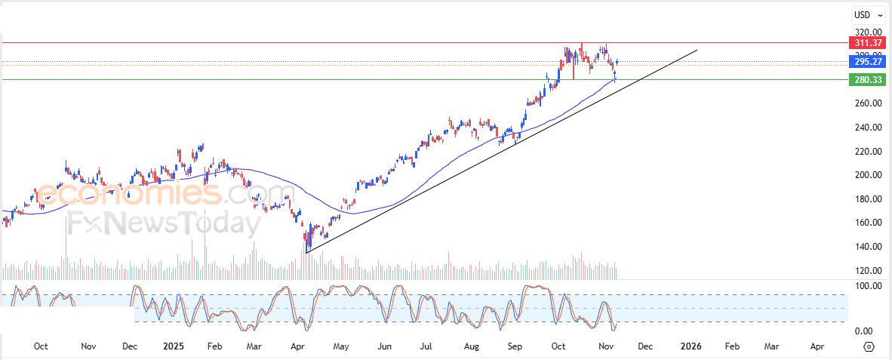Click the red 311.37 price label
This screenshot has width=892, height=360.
tap(866, 43)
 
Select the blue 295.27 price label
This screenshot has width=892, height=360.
tap(866, 62)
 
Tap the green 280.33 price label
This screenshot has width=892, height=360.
tap(866, 79)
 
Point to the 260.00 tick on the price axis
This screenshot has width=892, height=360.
tap(866, 103)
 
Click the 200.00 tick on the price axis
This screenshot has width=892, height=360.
tap(866, 175)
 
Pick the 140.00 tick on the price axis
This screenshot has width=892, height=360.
tap(866, 247)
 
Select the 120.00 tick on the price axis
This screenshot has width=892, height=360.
tap(866, 271)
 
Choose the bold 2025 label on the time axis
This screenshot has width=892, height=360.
tap(174, 346)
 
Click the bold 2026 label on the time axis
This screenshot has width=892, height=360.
tap(691, 346)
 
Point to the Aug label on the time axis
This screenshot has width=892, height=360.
tap(472, 346)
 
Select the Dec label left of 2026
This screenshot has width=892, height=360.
tap(645, 346)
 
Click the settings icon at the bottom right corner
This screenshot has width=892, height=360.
tap(869, 346)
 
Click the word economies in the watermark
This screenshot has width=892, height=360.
tap(128, 194)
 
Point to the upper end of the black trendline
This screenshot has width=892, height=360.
tap(697, 50)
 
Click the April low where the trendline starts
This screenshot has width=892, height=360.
tap(306, 252)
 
